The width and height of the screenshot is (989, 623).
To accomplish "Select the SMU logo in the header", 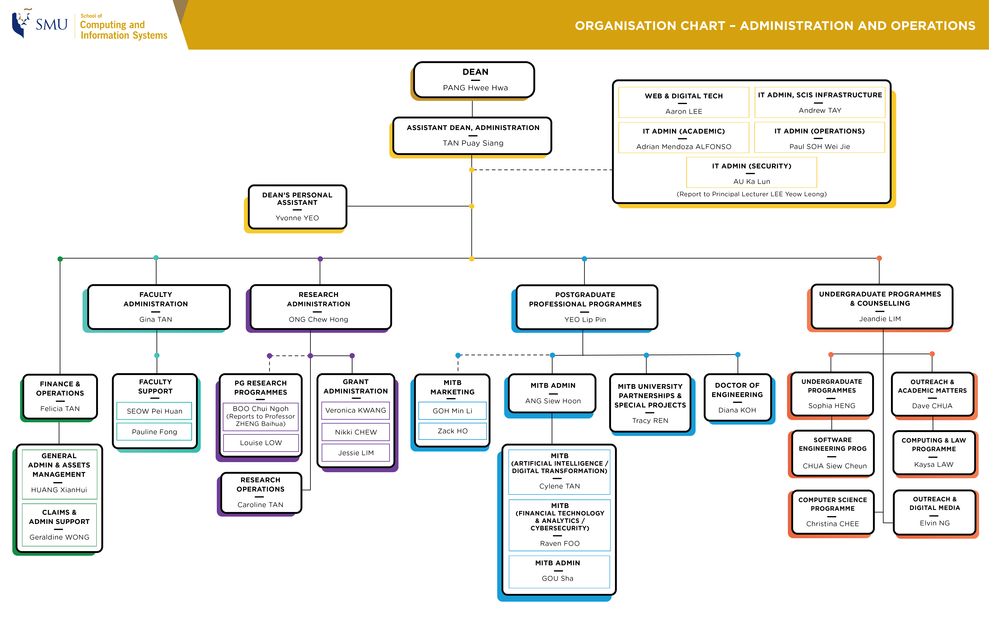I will (x=40, y=24).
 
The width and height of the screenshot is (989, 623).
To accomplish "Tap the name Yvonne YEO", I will (x=297, y=218).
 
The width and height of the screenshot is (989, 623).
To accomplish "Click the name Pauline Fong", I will (x=154, y=432).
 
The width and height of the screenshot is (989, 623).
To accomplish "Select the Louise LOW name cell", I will (x=261, y=443).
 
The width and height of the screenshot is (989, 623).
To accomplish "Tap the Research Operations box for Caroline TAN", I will (x=260, y=492).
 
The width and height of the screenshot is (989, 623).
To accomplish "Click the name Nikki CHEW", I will (x=356, y=432).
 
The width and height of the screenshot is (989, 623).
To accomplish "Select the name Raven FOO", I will (x=559, y=543).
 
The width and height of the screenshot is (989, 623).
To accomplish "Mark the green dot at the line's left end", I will (x=60, y=259).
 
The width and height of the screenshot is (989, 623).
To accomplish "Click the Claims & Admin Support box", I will (x=59, y=524).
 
